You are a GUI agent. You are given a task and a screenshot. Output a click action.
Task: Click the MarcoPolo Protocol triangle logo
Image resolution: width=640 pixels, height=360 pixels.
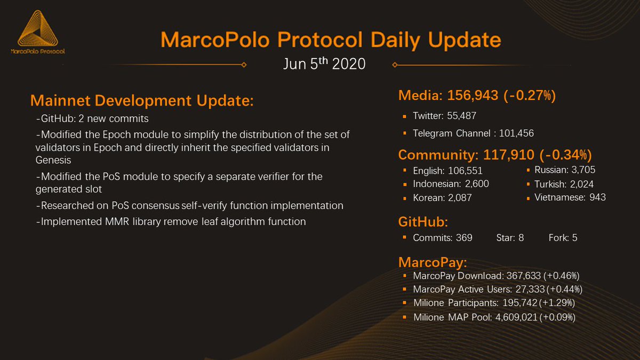37,30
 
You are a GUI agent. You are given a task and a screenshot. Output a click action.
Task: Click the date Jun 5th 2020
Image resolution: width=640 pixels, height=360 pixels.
324,64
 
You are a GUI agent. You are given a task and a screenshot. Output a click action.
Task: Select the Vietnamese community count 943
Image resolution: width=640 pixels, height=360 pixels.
597,197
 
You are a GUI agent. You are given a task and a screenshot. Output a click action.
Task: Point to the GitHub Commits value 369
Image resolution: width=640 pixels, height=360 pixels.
464,238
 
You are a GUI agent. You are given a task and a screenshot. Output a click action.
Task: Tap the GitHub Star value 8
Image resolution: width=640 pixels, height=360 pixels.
521,238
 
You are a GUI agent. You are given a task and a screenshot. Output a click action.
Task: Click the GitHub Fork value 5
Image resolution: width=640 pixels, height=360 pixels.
574,238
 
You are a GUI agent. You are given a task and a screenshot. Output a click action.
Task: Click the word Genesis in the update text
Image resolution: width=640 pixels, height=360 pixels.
53,160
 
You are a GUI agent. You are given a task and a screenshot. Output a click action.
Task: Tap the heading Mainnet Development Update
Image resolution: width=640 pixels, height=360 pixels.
142,101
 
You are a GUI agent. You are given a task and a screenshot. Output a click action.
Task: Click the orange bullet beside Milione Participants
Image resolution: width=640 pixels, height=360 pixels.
406,303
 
